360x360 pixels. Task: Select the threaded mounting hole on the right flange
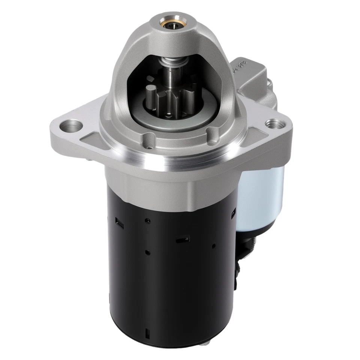pos(272,123)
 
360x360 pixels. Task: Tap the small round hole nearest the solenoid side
pos(213,246)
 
